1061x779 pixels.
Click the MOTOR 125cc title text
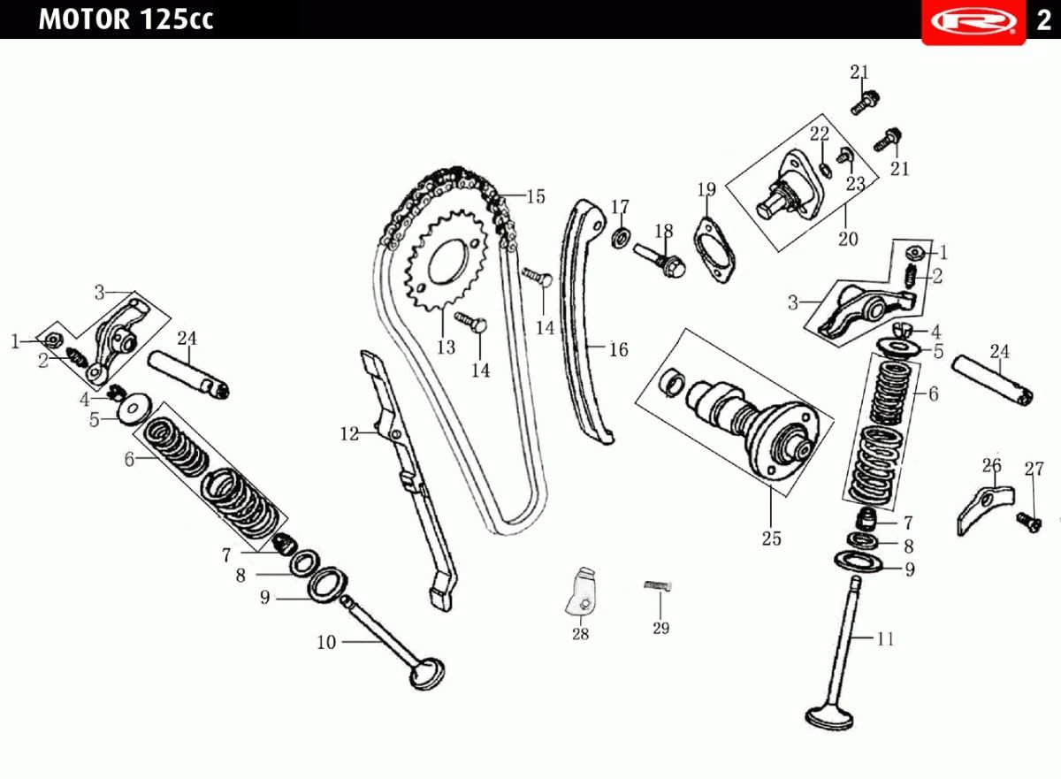(126, 19)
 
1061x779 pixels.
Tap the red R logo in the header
(973, 22)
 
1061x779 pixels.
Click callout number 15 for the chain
(536, 196)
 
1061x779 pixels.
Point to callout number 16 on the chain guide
(618, 349)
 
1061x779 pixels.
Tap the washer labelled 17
(621, 238)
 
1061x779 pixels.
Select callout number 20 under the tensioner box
(847, 239)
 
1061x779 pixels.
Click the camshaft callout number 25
(771, 538)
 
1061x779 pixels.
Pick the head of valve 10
(427, 673)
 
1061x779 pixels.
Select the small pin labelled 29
(659, 586)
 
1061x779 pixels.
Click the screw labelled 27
(1029, 523)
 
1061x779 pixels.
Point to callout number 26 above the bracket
(991, 465)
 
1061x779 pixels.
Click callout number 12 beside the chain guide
(349, 434)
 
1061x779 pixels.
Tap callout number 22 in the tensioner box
(820, 134)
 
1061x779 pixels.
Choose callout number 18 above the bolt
(664, 231)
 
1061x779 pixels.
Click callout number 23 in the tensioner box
(856, 183)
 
